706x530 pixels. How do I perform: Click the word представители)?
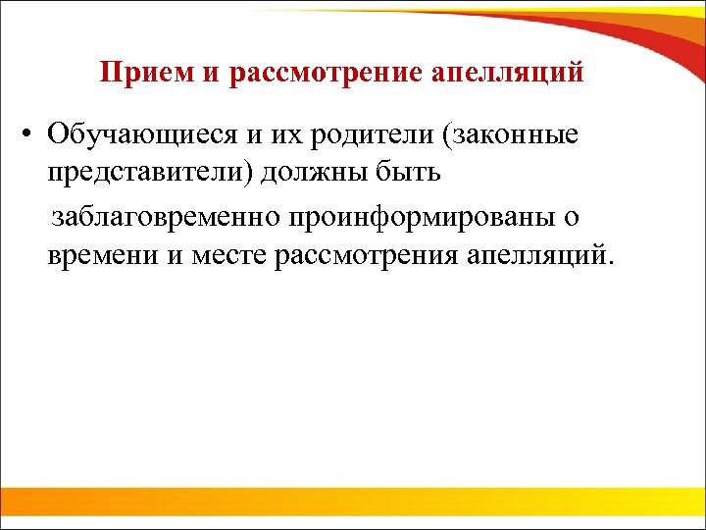(x=144, y=174)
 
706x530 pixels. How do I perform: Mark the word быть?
(x=406, y=174)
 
